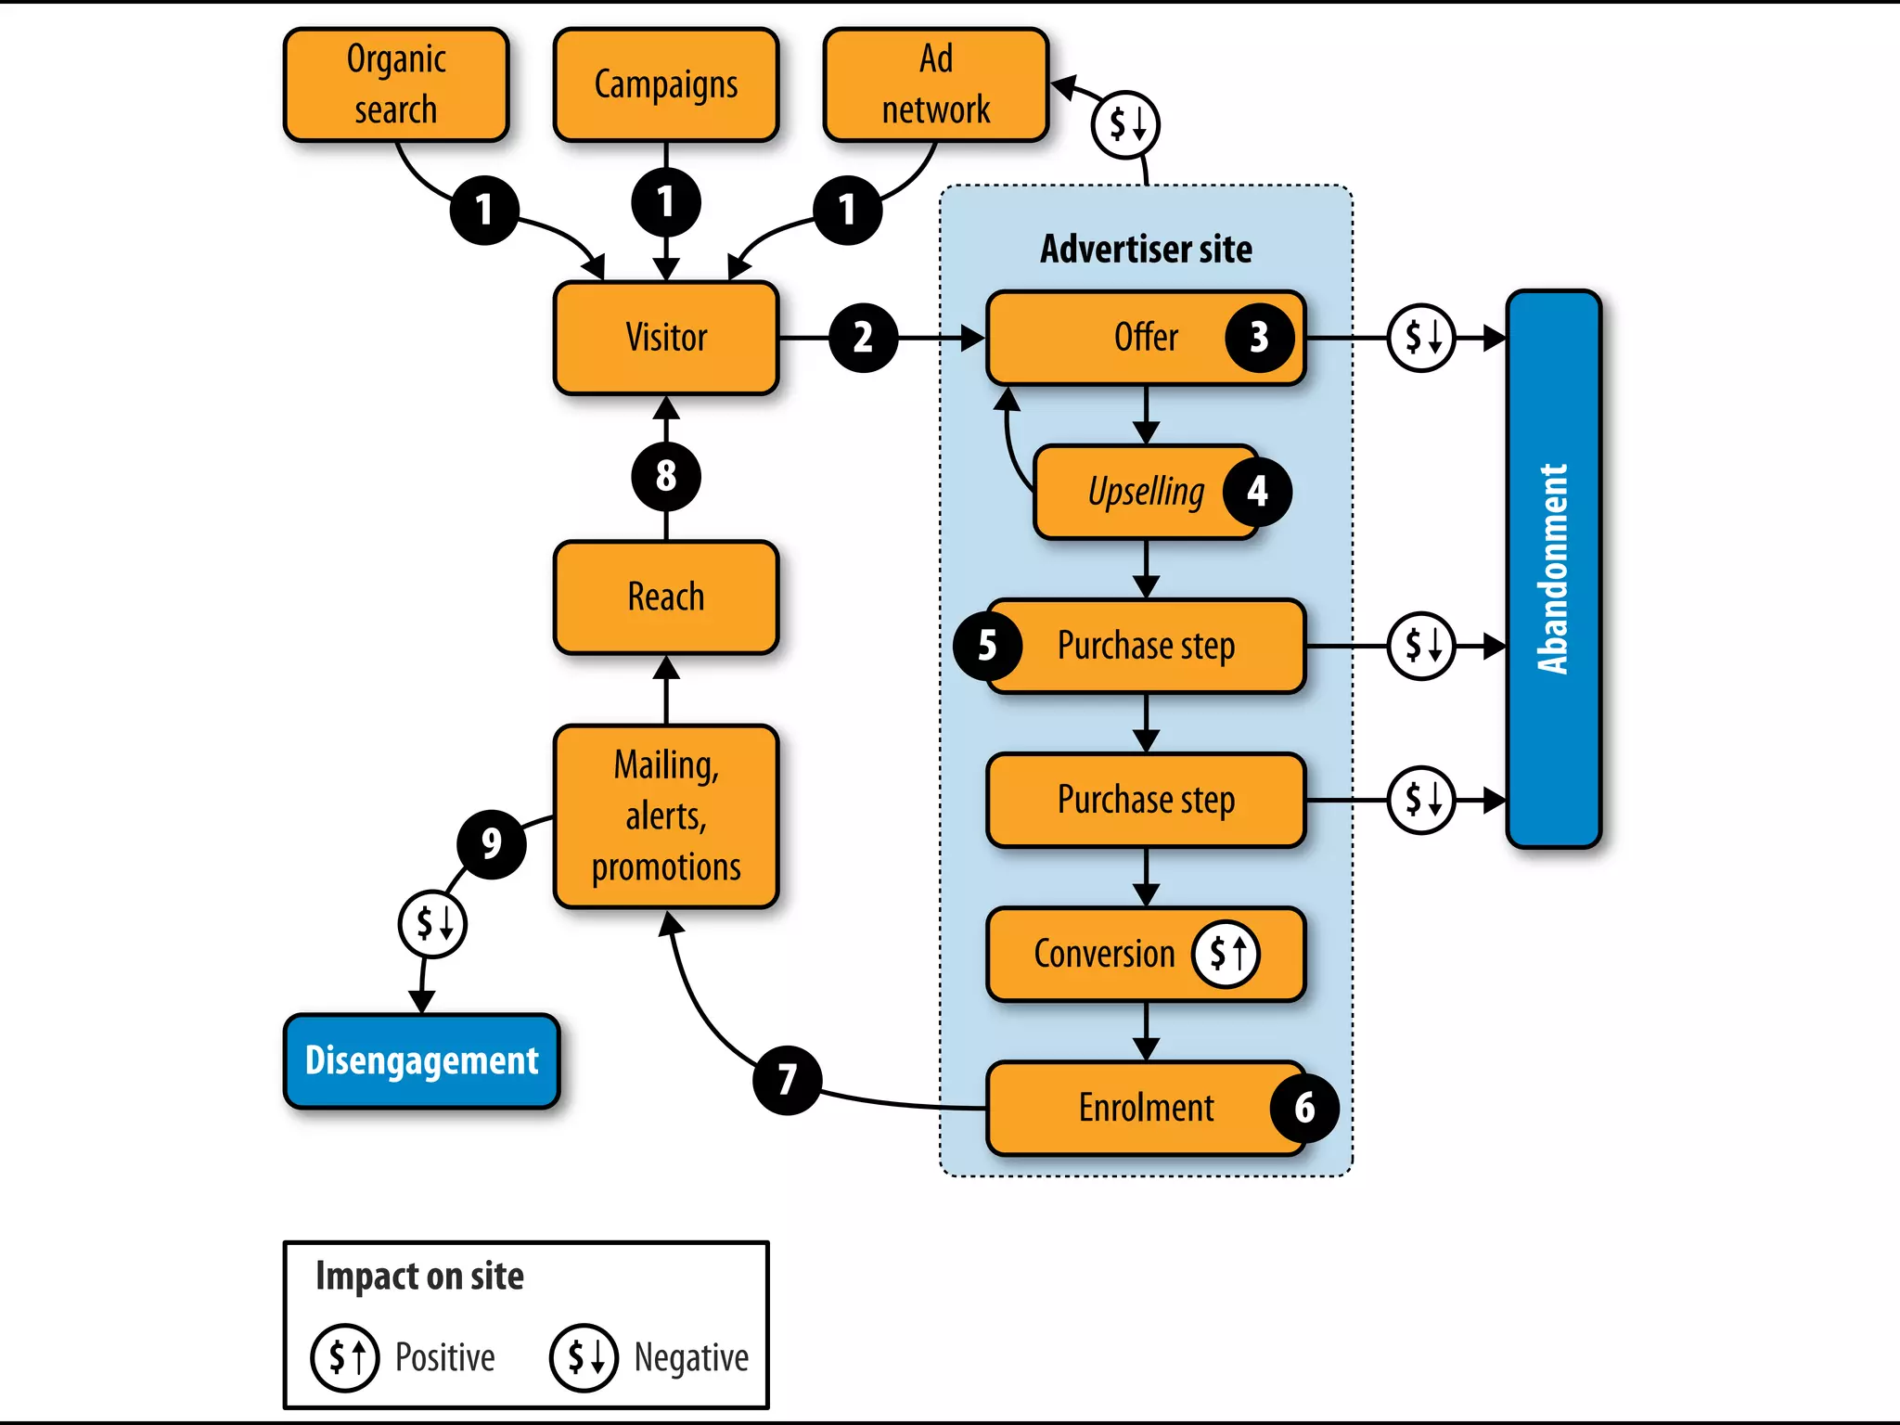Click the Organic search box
[396, 84]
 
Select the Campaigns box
[665, 84]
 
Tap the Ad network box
[935, 84]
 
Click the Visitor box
[665, 338]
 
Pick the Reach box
[665, 597]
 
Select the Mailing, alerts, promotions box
[665, 815]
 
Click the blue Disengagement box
[421, 1060]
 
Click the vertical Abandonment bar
[1553, 569]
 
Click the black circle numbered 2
[863, 338]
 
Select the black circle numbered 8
[665, 476]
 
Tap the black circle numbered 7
[787, 1080]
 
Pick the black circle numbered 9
[491, 843]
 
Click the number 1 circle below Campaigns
[665, 202]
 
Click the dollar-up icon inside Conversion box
[1226, 953]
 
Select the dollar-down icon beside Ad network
[1125, 124]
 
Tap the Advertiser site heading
[1146, 249]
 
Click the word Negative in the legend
[690, 1357]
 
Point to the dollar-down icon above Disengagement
[432, 923]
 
